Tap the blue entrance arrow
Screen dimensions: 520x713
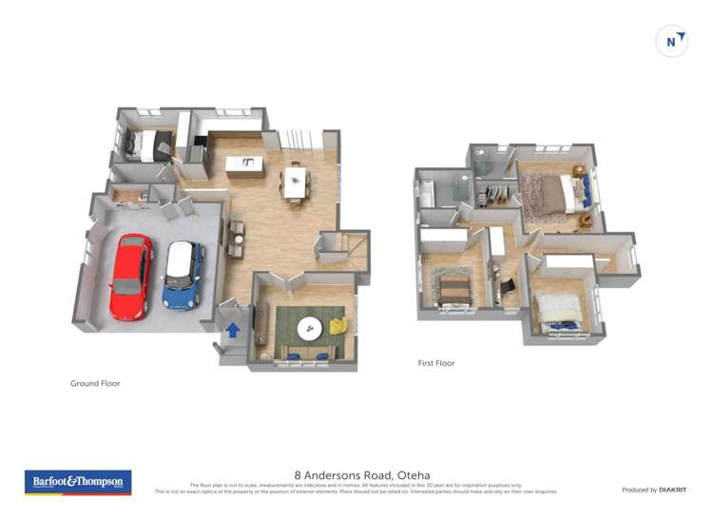point(233,330)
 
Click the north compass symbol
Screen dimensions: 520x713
point(672,41)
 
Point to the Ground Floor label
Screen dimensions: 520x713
point(95,384)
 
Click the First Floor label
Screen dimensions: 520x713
point(436,363)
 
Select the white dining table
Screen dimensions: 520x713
point(295,182)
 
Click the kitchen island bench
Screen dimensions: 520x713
point(245,166)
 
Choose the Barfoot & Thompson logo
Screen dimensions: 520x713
point(78,482)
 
